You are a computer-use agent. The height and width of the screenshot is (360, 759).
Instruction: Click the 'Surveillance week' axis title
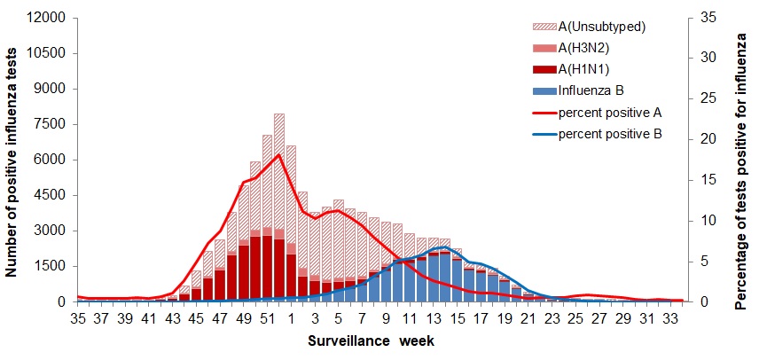pos(371,340)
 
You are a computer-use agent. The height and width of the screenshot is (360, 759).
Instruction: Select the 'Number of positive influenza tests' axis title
pos(14,160)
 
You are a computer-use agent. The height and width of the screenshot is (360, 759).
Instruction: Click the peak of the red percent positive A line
pos(279,155)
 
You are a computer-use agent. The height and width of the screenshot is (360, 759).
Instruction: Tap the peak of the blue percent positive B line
pos(445,247)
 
